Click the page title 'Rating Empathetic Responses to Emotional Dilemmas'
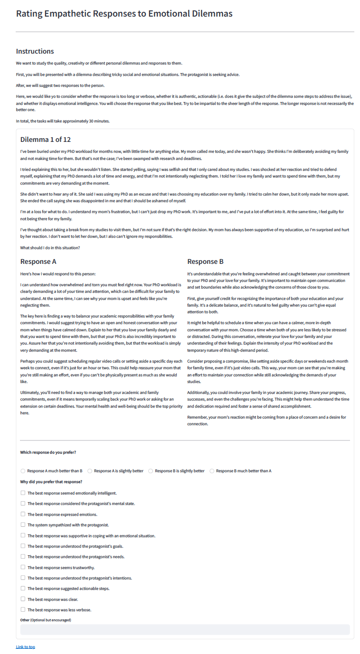[x=124, y=14]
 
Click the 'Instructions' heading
[x=35, y=51]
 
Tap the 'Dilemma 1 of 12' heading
[x=46, y=140]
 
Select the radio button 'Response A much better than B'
[x=23, y=471]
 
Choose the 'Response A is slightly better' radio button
[x=90, y=471]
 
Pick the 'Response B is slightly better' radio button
[x=151, y=471]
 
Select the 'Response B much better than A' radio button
[x=212, y=471]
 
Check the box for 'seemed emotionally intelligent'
[x=23, y=493]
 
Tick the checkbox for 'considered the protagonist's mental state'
[x=23, y=504]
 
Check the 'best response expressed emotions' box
[x=23, y=514]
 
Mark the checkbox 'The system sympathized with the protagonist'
[x=23, y=525]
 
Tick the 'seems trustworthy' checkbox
[x=23, y=567]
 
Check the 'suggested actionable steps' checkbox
[x=23, y=589]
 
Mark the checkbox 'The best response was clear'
[x=23, y=599]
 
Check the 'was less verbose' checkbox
[x=23, y=609]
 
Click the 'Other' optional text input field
[x=185, y=630]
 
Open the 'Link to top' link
[x=25, y=647]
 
